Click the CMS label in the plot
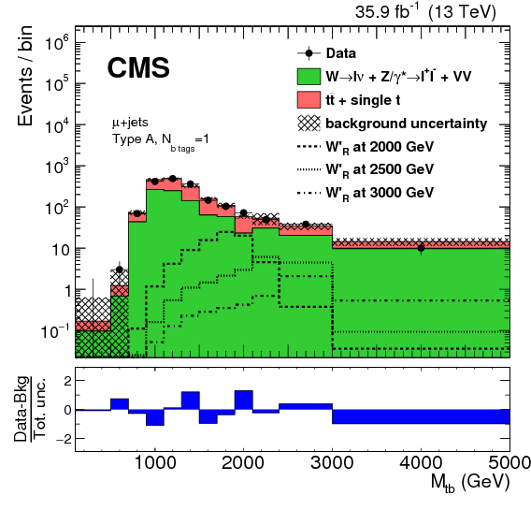137,68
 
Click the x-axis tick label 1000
155,462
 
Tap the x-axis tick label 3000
333,462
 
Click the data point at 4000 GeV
421,248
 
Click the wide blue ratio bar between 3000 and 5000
421,416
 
